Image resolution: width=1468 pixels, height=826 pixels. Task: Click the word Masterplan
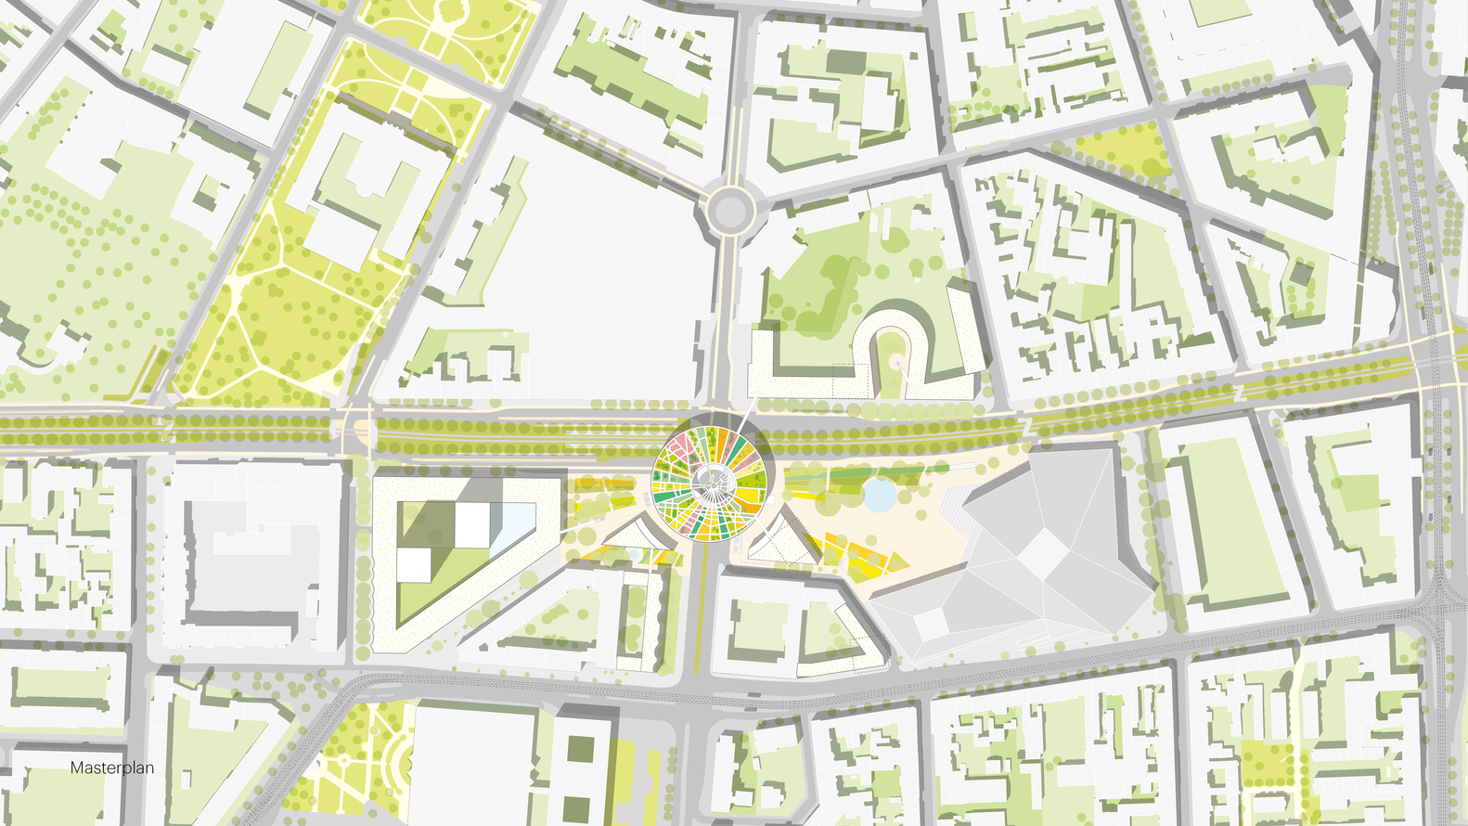(x=112, y=768)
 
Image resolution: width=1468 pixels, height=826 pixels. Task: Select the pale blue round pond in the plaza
(x=880, y=495)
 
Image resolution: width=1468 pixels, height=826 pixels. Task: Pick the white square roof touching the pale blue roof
(x=472, y=525)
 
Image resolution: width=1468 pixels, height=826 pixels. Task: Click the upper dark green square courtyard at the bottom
(x=582, y=749)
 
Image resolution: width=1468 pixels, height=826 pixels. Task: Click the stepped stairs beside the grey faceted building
(x=956, y=510)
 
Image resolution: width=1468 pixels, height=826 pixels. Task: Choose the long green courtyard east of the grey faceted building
(x=1225, y=520)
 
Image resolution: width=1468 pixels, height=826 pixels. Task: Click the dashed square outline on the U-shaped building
(x=835, y=381)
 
